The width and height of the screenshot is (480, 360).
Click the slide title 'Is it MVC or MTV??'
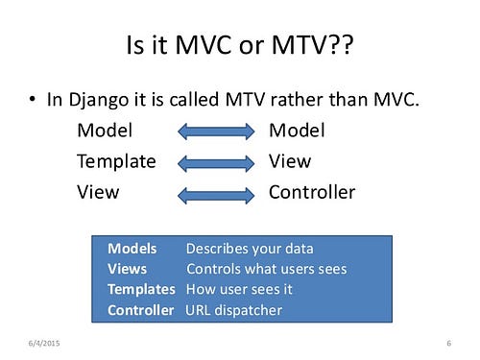(x=239, y=44)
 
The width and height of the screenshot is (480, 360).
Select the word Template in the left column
(x=116, y=161)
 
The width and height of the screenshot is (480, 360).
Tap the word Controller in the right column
(x=311, y=192)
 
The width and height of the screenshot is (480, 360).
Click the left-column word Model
(x=105, y=131)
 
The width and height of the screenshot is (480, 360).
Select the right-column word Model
(x=297, y=131)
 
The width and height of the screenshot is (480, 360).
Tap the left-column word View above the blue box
(x=98, y=192)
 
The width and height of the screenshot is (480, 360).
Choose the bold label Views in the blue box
(x=128, y=269)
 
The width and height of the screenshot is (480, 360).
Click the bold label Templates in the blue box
(x=141, y=289)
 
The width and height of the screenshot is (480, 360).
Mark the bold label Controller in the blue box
(x=141, y=310)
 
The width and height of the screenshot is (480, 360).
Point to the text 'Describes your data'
(x=250, y=249)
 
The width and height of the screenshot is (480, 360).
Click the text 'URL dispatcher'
(x=234, y=310)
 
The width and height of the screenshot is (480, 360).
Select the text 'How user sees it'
(x=240, y=289)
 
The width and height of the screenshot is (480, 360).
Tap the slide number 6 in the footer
(x=449, y=344)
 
